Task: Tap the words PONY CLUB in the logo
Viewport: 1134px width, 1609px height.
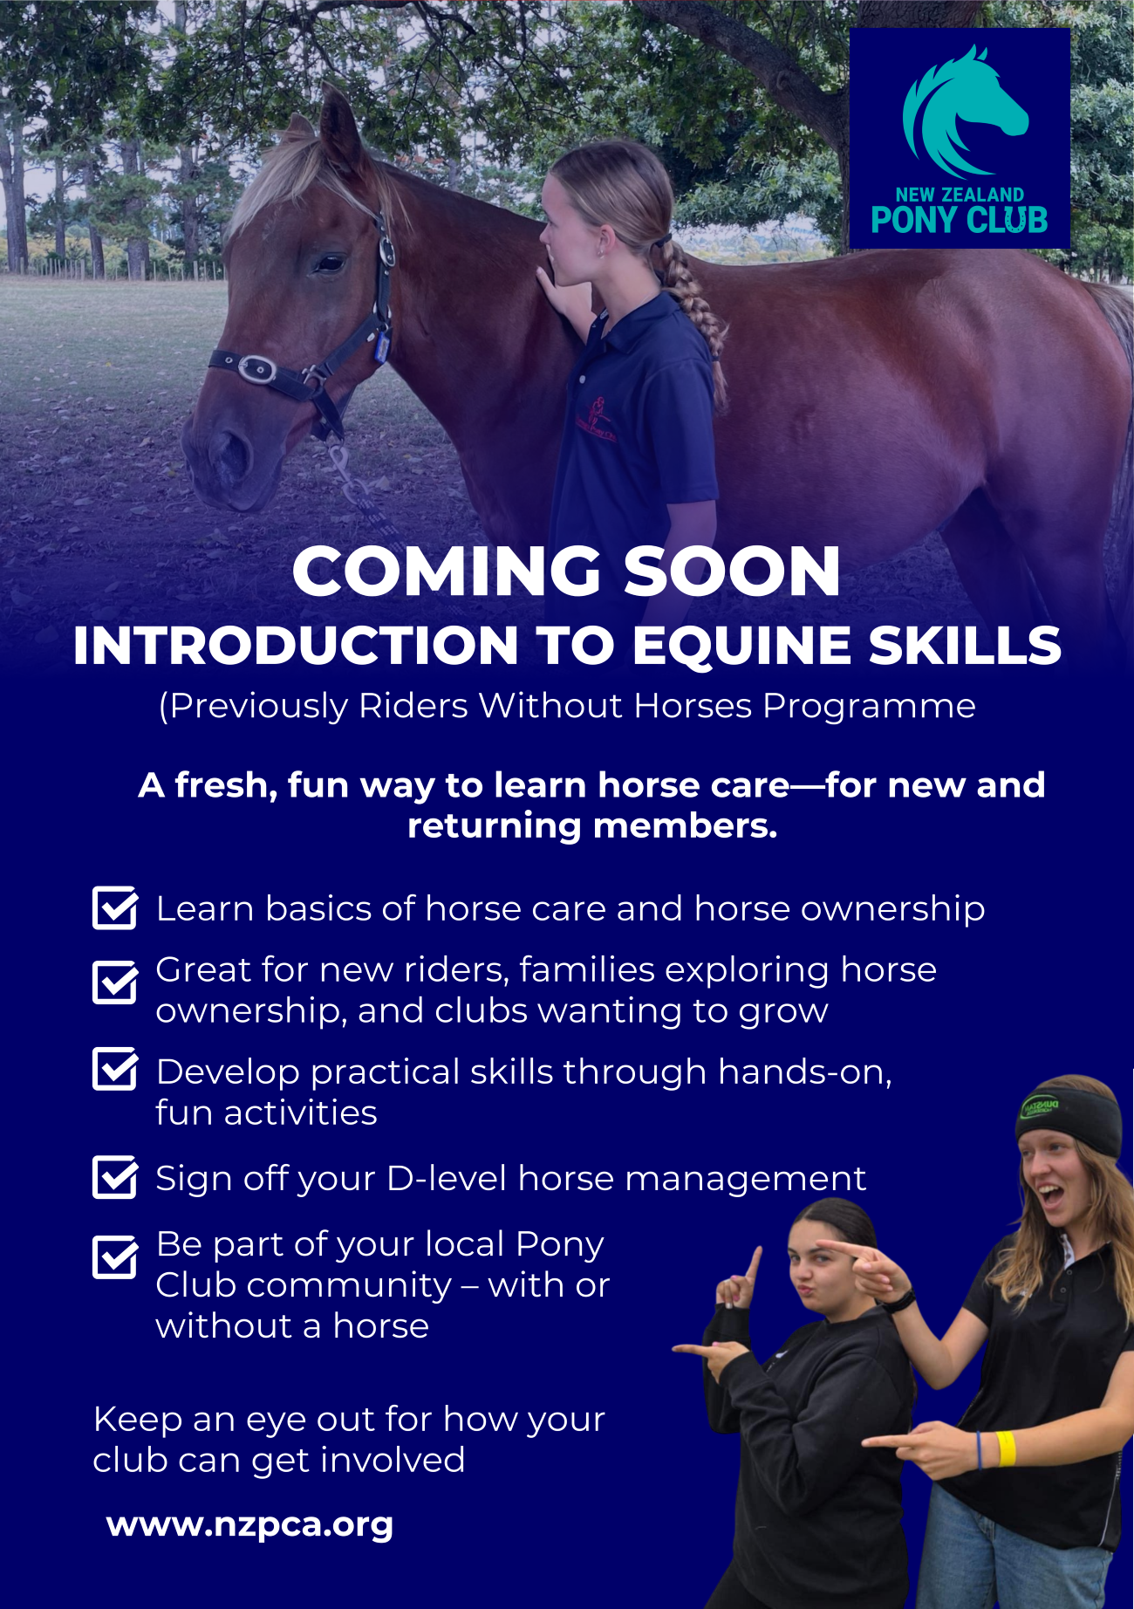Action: click(x=960, y=220)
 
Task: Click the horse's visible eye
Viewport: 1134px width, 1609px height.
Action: click(x=329, y=262)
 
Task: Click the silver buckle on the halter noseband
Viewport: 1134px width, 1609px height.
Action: click(x=257, y=369)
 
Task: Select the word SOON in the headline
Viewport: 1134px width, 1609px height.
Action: click(x=732, y=572)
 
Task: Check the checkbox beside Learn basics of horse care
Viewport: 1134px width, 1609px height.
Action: click(x=114, y=907)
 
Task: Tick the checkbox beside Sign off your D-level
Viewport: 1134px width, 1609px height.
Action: click(x=114, y=1177)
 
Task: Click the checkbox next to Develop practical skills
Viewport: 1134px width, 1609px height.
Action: click(x=114, y=1070)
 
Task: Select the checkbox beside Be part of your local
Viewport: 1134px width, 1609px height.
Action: click(x=114, y=1257)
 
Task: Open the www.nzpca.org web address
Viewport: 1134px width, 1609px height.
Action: click(x=249, y=1526)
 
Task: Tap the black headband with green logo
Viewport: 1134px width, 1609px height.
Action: click(x=1069, y=1119)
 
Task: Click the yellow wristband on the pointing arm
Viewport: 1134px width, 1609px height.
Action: click(x=1006, y=1448)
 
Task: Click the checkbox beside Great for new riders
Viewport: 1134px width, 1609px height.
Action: click(x=114, y=983)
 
